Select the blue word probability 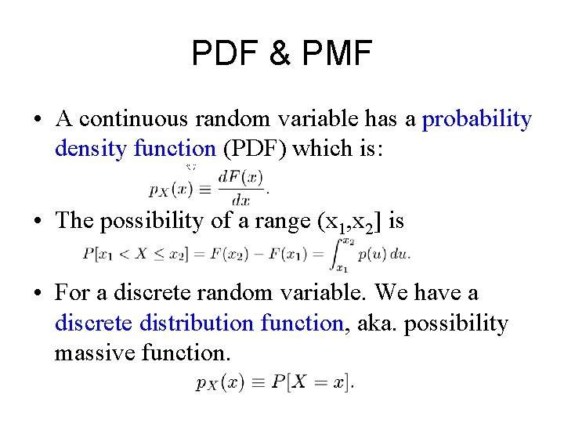pos(476,119)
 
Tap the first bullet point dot pos(38,120)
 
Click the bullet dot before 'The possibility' pos(38,222)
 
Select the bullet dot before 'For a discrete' pos(38,294)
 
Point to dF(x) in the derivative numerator pos(240,177)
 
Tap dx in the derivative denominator pos(240,201)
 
